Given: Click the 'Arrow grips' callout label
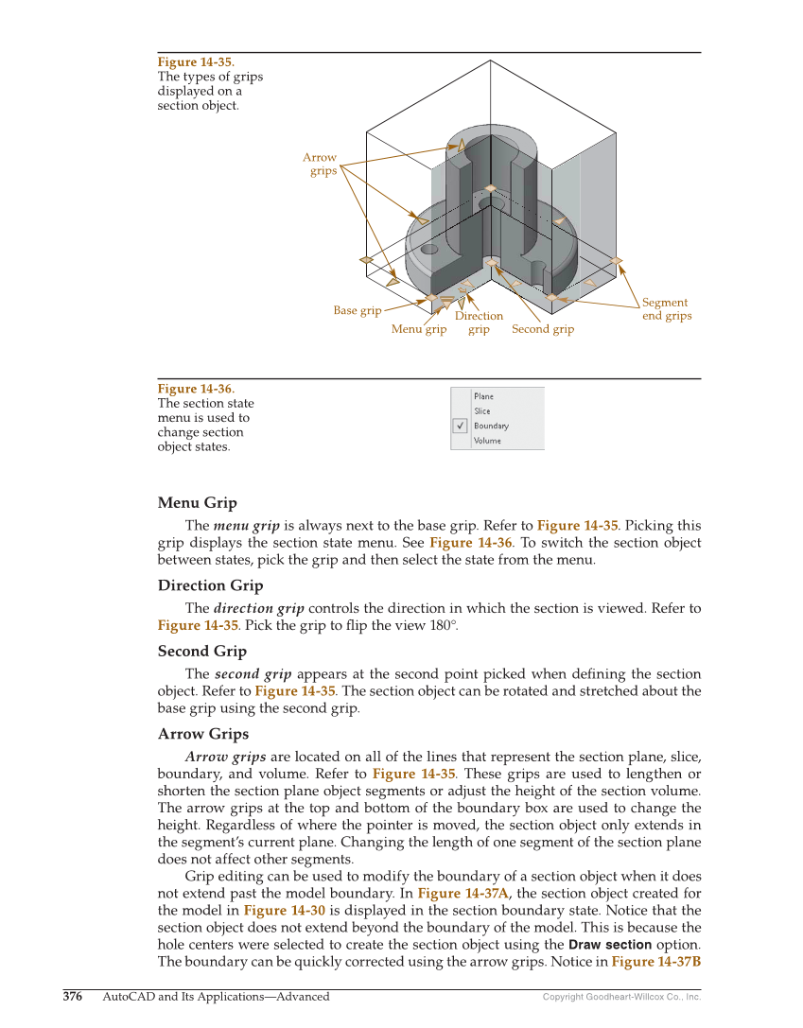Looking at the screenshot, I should (321, 165).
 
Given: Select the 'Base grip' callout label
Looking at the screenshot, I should (358, 310).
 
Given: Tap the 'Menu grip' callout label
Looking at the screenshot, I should (419, 329).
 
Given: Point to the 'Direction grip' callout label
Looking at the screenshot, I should (479, 322).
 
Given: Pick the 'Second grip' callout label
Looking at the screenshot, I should (543, 329).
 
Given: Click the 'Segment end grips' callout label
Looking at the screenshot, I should (666, 309).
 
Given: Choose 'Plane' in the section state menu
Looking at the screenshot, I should (483, 396).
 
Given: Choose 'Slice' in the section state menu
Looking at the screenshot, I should (482, 411).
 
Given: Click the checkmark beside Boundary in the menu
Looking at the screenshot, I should (461, 426).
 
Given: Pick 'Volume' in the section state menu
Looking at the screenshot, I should (487, 441).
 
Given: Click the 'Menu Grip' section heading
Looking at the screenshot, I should (197, 502).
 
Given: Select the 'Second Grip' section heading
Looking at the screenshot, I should (201, 651).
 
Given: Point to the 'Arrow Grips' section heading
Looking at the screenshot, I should (203, 734).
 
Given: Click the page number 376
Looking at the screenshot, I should (73, 996).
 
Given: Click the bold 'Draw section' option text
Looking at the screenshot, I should (610, 945).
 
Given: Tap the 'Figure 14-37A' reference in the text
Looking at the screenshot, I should (463, 893).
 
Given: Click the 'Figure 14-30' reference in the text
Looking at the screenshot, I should (277, 910).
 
